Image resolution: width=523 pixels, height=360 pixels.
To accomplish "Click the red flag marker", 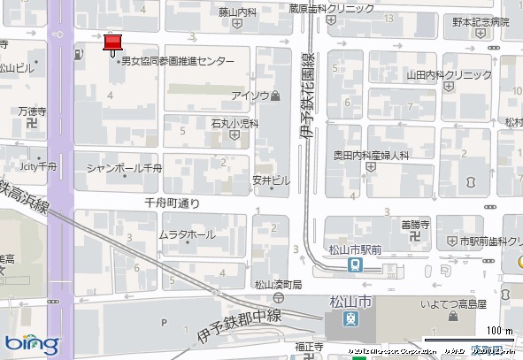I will coord(112,42).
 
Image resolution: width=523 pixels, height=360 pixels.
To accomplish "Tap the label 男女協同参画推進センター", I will coord(178,61).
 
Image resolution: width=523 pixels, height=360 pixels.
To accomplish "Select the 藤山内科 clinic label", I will coord(237,12).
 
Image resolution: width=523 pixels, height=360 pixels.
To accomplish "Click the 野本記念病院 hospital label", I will coord(481,22).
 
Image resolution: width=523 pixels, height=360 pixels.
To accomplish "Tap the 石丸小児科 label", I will coord(235,124).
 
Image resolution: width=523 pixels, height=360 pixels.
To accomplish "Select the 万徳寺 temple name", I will coord(31,112).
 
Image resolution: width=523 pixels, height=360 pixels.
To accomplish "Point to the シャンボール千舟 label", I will coord(124,167).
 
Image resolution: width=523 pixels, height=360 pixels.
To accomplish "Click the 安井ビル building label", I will coord(270,180).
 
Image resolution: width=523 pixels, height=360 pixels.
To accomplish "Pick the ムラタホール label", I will coord(186,234).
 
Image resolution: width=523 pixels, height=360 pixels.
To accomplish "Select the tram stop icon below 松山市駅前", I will coord(354,264).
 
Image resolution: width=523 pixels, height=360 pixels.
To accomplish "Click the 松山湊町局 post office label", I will coord(278,284).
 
